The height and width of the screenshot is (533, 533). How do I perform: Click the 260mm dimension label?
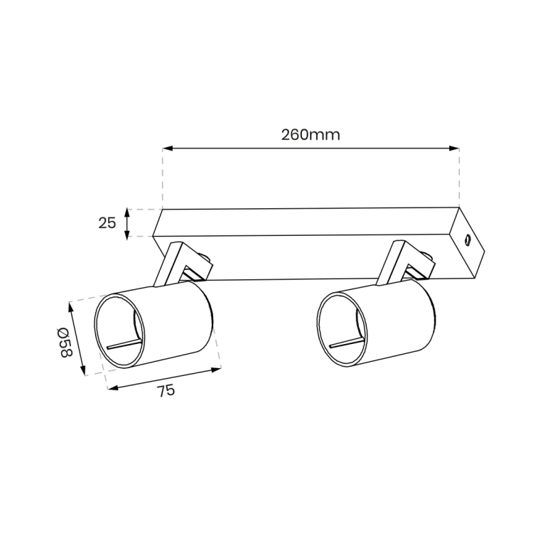310,134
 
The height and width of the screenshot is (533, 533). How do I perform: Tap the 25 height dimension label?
107,222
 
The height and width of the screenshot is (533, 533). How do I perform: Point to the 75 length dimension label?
165,390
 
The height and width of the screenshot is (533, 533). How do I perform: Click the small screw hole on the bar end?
468,239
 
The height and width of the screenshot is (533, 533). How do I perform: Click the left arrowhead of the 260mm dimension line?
166,149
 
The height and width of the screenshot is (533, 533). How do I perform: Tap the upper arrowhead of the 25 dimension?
127,211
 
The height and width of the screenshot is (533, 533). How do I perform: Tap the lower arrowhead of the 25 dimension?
127,234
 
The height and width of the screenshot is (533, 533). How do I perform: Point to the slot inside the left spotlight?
123,344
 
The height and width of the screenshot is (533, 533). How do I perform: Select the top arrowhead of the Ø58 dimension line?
70,306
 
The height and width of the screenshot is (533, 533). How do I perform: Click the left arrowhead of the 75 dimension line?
111,387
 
